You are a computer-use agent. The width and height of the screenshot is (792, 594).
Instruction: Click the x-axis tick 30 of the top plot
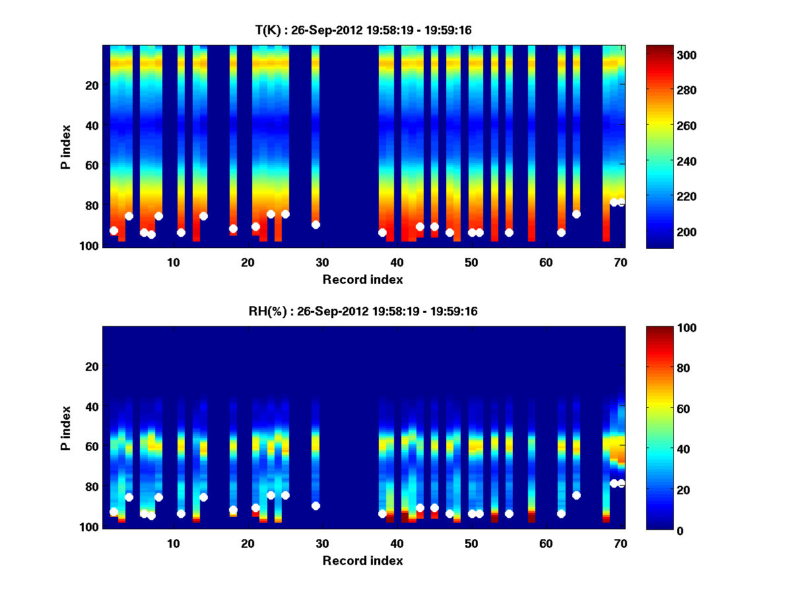(x=322, y=261)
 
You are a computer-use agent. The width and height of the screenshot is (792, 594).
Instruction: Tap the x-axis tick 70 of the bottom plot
(x=620, y=543)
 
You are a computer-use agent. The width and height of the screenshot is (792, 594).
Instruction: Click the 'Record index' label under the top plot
(x=363, y=279)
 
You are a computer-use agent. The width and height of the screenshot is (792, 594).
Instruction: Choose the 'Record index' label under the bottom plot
(x=363, y=560)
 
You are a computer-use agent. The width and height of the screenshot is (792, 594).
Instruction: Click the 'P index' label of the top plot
(x=66, y=146)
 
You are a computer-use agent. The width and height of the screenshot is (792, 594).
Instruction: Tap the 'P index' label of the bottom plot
(x=66, y=427)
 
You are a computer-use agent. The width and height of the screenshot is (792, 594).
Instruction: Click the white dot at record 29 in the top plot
(x=315, y=224)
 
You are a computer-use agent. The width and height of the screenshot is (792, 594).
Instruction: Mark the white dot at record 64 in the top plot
(x=576, y=214)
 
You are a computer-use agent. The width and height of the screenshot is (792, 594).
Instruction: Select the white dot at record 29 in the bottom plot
(x=315, y=506)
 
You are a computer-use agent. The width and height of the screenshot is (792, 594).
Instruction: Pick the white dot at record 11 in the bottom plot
(x=181, y=513)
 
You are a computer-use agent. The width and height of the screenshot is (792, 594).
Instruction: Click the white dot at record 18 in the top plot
(x=233, y=228)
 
